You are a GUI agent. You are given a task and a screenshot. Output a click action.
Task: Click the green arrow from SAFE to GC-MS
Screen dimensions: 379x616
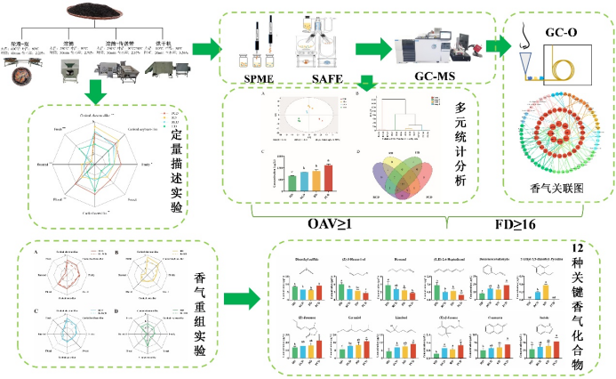[x=366, y=49]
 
